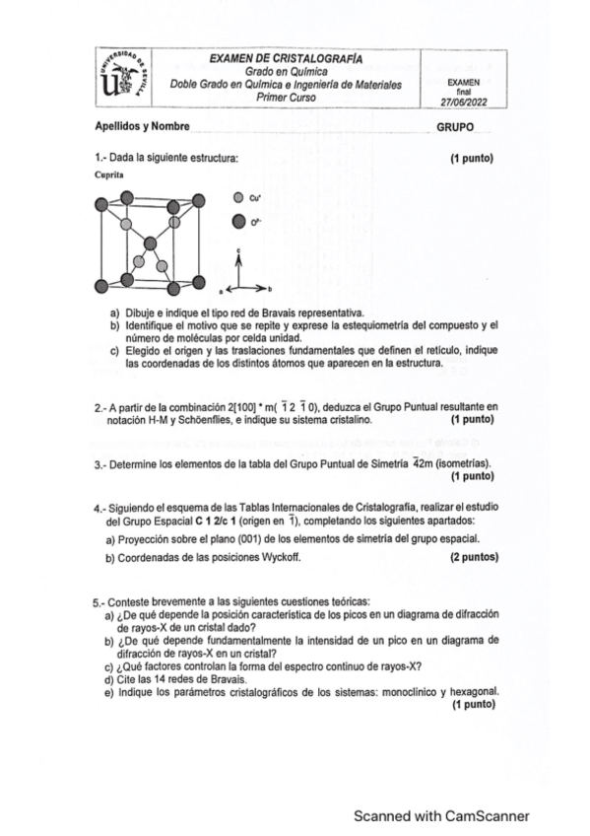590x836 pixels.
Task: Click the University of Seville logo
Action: tap(125, 78)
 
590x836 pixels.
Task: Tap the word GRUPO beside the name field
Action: tap(455, 128)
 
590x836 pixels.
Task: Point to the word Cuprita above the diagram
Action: tap(110, 173)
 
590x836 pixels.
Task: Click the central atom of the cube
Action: tap(149, 244)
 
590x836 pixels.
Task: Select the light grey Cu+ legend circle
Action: tap(238, 197)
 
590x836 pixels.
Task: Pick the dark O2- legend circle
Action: tap(238, 222)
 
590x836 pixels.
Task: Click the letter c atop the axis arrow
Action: tap(237, 252)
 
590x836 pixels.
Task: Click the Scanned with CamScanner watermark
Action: tap(442, 815)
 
